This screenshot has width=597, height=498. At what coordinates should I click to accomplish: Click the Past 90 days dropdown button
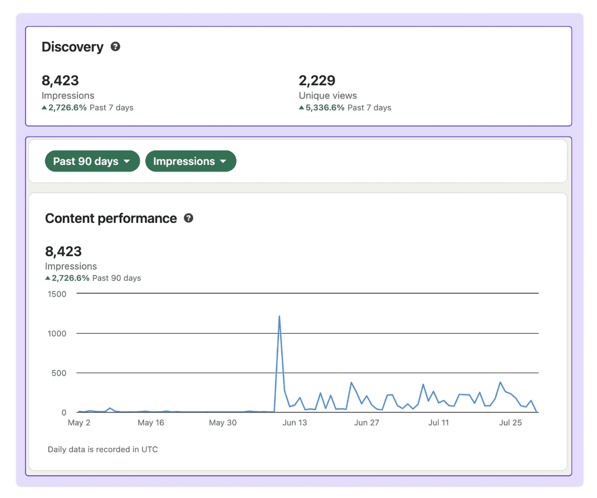tap(92, 162)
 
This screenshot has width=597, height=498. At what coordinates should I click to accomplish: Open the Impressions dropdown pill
tap(190, 162)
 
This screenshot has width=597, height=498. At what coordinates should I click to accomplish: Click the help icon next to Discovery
tap(115, 47)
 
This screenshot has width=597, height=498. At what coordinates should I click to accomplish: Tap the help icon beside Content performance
tap(188, 218)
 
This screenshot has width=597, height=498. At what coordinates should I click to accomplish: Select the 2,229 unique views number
tap(317, 80)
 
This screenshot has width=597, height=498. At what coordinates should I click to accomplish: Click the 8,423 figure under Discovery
tap(60, 80)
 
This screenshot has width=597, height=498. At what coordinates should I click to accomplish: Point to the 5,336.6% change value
tap(325, 108)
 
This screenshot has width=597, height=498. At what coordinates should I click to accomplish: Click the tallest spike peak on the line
tap(279, 316)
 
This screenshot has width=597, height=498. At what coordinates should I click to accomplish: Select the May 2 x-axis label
tap(79, 423)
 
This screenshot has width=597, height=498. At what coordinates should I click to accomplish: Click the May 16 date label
tap(151, 423)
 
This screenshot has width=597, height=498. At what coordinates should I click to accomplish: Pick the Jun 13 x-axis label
tap(295, 423)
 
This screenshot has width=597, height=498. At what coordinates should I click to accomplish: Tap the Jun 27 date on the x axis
tap(366, 423)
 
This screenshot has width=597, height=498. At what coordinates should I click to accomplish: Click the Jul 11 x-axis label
tap(438, 423)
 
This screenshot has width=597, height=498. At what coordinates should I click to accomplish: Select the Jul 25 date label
tap(511, 423)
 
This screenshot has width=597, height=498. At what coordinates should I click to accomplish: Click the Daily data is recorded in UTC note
tap(102, 449)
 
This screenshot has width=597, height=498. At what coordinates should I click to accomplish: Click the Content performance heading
tap(111, 218)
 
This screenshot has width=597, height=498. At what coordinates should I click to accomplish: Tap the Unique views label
tap(327, 95)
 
